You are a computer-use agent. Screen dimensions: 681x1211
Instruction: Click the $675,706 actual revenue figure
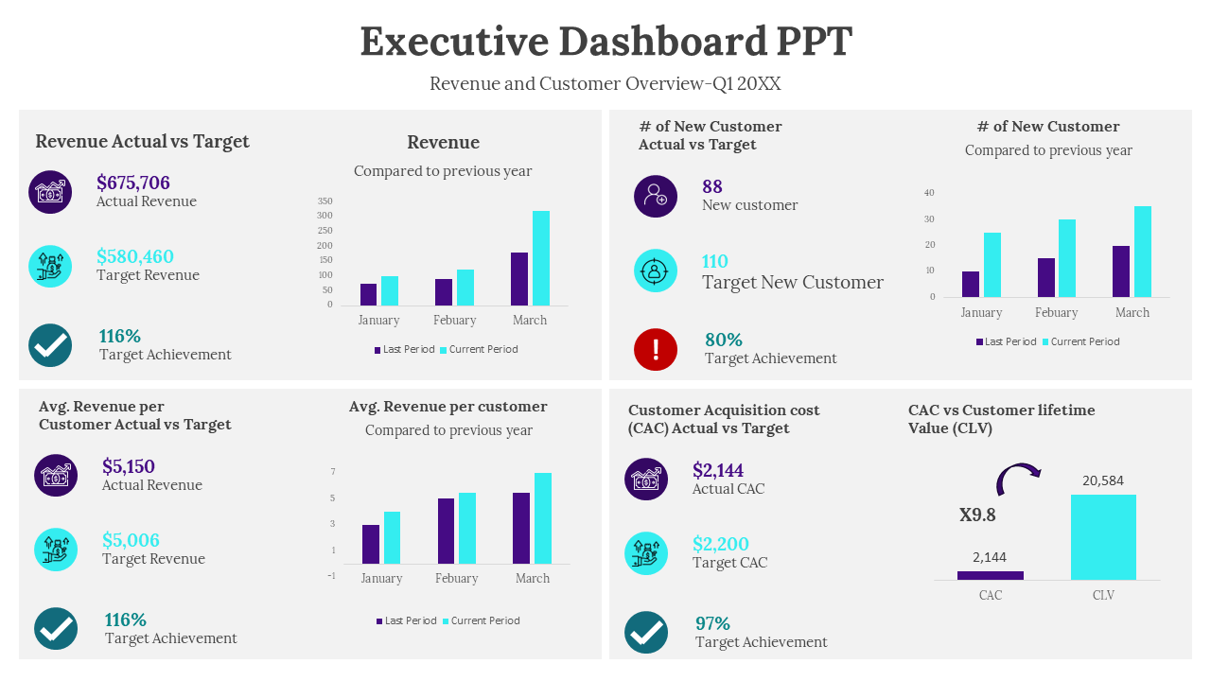point(133,183)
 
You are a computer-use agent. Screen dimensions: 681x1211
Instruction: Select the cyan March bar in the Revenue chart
point(541,257)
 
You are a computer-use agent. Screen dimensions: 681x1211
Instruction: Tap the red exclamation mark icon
point(655,349)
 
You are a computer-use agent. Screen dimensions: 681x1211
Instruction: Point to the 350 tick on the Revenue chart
point(325,201)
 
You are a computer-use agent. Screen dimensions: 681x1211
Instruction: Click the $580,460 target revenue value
point(135,256)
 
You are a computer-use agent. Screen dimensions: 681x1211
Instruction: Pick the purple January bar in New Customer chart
point(971,284)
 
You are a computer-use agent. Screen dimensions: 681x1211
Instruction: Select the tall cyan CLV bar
point(1103,536)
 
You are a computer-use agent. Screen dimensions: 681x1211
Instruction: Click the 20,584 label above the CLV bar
point(1103,480)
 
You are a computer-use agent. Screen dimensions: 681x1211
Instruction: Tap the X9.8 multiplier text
point(977,515)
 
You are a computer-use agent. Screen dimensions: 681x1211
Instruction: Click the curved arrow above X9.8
point(1017,476)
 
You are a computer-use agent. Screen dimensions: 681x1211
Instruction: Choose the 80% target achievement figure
point(724,340)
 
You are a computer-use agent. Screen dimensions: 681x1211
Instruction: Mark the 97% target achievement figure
point(712,623)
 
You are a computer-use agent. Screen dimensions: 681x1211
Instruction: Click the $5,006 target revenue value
point(131,540)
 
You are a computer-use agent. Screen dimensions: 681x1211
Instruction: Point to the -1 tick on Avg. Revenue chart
point(331,575)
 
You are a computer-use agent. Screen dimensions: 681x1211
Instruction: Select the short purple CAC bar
point(991,575)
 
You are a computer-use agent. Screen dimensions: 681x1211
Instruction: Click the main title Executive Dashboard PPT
point(605,42)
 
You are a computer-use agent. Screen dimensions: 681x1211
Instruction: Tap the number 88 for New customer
point(712,186)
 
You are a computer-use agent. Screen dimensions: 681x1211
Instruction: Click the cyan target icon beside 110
point(655,271)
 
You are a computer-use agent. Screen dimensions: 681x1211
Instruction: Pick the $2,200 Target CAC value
point(721,544)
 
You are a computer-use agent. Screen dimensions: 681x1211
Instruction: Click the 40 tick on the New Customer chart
point(929,193)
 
